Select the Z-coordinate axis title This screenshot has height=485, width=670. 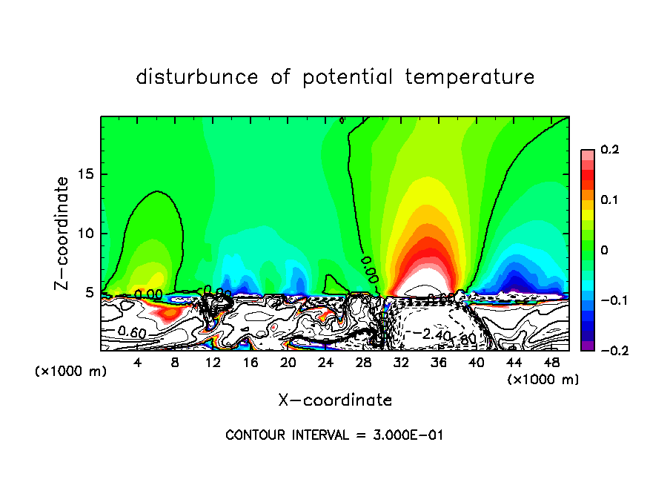[64, 232]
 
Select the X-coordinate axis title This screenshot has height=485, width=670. [335, 400]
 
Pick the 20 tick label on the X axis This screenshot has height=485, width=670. [288, 363]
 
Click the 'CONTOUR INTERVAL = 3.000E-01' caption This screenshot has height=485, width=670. [334, 435]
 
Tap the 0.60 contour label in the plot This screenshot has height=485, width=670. [132, 332]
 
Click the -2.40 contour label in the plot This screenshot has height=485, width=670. [432, 334]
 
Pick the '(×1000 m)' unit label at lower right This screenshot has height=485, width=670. [543, 380]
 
